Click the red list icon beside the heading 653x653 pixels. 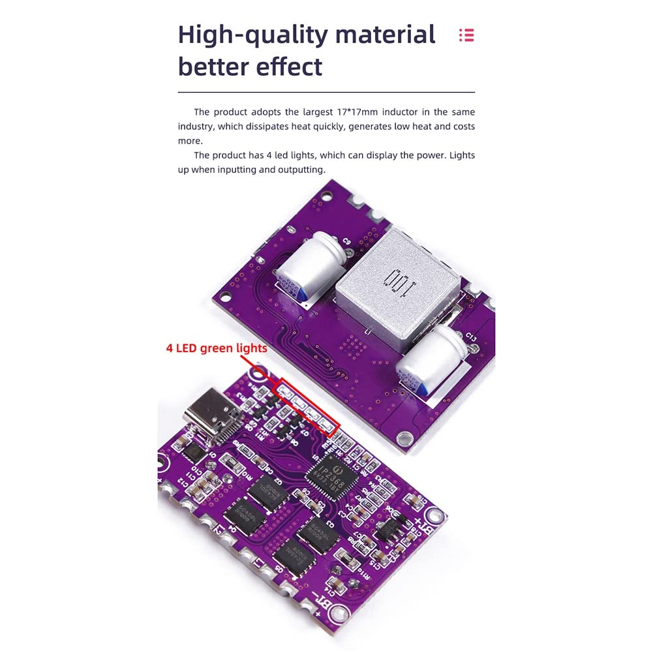tap(466, 35)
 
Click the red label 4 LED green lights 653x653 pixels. tap(217, 348)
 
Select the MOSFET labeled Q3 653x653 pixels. tap(318, 534)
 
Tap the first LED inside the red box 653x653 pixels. tap(286, 392)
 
